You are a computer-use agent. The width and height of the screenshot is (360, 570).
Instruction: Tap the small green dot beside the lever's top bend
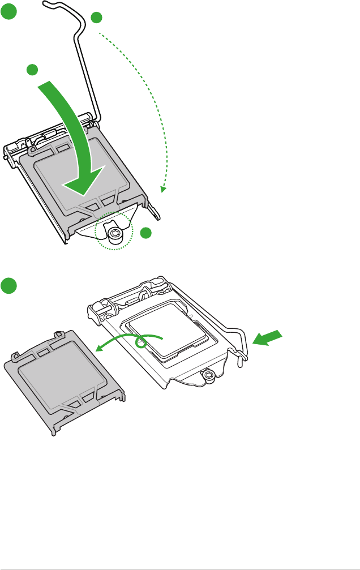tap(97, 18)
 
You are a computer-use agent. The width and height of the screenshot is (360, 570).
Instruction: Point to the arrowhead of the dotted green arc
tap(162, 190)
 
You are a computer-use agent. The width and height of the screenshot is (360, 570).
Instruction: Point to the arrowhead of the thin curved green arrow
tap(96, 350)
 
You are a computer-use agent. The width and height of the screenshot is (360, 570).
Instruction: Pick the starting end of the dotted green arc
tap(101, 35)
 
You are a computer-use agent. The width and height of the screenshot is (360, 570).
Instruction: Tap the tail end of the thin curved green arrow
tap(162, 338)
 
